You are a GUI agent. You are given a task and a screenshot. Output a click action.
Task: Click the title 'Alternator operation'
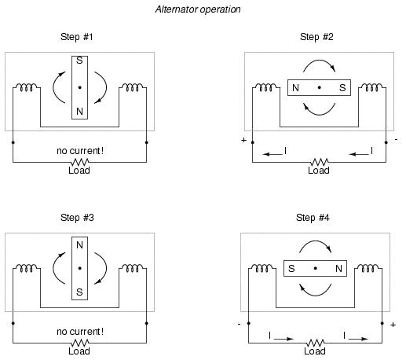click(x=198, y=9)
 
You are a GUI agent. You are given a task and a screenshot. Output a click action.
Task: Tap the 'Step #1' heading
click(x=77, y=37)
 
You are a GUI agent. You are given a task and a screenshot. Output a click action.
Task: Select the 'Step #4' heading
click(x=313, y=218)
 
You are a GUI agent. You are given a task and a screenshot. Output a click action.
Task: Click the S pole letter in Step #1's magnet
click(x=79, y=61)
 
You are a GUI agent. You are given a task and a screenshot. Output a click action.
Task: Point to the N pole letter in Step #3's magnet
click(x=79, y=245)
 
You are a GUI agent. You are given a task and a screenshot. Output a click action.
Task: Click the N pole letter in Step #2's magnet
click(x=295, y=88)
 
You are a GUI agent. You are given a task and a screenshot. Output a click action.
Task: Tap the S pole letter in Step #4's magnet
click(x=291, y=269)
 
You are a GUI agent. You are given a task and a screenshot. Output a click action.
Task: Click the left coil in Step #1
click(x=27, y=87)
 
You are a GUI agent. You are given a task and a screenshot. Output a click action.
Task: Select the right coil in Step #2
click(x=372, y=87)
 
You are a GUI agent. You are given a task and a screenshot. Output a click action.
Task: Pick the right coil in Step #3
click(x=133, y=268)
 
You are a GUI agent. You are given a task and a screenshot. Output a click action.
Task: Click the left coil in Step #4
click(x=262, y=268)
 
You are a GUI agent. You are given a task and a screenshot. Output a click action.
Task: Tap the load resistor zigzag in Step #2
click(x=319, y=162)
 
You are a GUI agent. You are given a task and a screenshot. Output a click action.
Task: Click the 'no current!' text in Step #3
click(x=80, y=332)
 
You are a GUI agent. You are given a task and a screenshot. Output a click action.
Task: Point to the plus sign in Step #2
click(x=243, y=140)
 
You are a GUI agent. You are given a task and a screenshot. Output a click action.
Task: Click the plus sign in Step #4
click(x=393, y=325)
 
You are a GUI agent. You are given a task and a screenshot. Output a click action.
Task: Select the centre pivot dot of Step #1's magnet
click(x=79, y=87)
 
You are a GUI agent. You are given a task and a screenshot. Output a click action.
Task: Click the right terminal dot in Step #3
click(x=146, y=323)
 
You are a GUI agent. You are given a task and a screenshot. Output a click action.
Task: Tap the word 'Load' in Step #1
click(x=79, y=171)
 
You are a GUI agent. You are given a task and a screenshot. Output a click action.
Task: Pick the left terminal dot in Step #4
click(x=248, y=323)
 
